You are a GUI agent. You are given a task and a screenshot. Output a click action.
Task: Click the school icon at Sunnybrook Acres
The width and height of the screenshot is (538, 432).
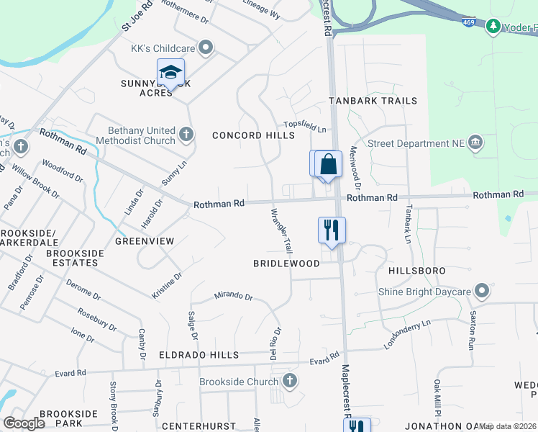coord(170,73)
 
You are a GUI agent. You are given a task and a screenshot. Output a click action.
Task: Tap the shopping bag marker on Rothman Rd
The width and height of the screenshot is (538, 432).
coord(328,163)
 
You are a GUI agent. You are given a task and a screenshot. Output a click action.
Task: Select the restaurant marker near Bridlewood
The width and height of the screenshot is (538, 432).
coord(332,230)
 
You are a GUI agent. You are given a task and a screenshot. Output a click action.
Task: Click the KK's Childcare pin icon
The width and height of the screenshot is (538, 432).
coord(206,48)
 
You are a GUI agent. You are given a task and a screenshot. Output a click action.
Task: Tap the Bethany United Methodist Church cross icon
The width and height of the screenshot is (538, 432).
coord(186,134)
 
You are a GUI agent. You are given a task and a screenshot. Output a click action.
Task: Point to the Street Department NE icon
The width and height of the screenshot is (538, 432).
coord(475,143)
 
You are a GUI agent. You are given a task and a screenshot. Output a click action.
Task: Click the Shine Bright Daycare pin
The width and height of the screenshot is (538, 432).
coord(482,292)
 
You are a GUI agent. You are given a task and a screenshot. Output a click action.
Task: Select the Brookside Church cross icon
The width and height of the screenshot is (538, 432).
coord(290,381)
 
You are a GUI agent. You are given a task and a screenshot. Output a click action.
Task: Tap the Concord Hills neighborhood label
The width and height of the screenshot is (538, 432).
coord(253,135)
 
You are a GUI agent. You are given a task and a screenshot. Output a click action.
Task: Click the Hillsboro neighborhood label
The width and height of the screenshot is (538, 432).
coord(417,271)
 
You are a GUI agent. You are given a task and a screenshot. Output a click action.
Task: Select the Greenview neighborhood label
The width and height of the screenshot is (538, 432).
coord(145,241)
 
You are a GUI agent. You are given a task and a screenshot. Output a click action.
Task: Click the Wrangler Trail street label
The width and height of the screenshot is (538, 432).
coord(281,230)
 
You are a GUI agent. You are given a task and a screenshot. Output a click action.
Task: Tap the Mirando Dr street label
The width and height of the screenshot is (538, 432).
coord(233,296)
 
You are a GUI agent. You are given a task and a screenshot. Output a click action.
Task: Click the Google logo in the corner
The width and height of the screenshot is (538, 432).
coord(24,423)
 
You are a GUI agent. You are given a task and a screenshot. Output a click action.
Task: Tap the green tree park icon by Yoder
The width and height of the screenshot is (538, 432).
coord(493,27)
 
